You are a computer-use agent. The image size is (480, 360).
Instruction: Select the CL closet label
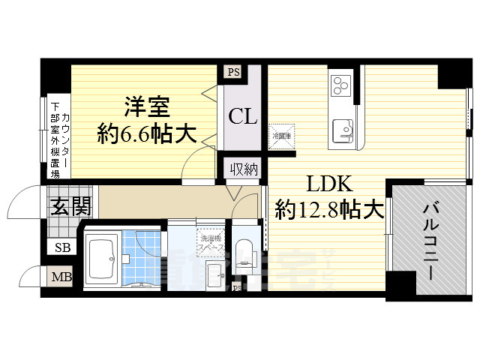click(x=243, y=117)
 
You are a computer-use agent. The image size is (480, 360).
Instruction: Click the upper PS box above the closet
click(x=232, y=72)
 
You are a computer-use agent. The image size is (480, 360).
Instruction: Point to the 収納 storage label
click(x=243, y=169)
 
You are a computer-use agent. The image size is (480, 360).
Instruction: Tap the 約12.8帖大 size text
click(x=325, y=209)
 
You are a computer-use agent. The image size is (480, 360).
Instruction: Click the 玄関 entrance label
click(x=70, y=205)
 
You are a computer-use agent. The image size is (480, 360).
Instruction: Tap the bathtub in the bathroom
click(x=102, y=259)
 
